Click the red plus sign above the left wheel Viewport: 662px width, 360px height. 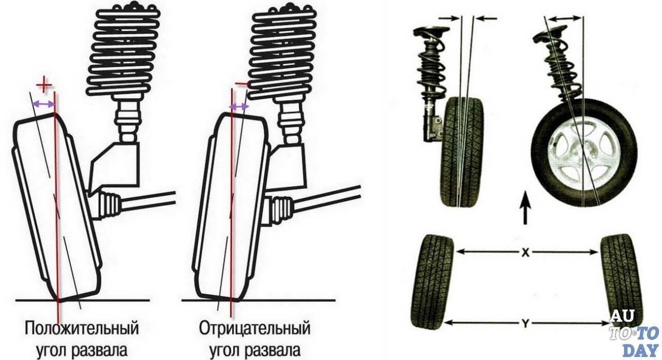45,85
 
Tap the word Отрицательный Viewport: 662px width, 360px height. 254,328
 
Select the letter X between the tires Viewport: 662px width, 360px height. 525,252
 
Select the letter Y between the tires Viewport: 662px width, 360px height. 525,323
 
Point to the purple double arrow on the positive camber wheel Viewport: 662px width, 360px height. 43,104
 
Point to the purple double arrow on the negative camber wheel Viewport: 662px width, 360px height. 239,107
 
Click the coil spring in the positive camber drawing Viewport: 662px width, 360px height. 124,49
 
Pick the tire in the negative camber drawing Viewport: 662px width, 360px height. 233,207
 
